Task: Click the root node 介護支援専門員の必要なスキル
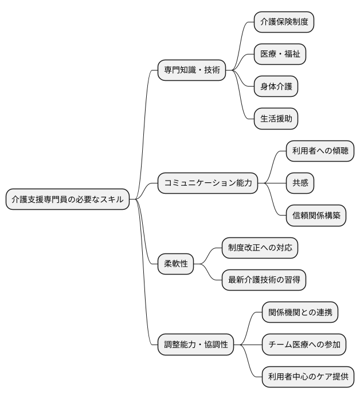point(68,199)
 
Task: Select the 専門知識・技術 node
point(191,71)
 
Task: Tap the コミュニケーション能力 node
point(208,183)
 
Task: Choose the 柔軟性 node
point(176,264)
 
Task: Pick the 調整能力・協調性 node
point(196,345)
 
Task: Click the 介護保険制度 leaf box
point(284,22)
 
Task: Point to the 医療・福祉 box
point(280,54)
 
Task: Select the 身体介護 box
point(276,87)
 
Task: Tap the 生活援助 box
point(276,119)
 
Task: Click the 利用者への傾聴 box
point(320,151)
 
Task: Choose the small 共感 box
point(300,183)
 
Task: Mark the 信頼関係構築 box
point(316,216)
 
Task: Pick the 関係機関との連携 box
point(300,312)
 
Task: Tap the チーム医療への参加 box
point(304,345)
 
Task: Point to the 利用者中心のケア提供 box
point(308,377)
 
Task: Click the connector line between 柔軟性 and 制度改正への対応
point(209,255)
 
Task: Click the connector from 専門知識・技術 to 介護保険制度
point(241,46)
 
